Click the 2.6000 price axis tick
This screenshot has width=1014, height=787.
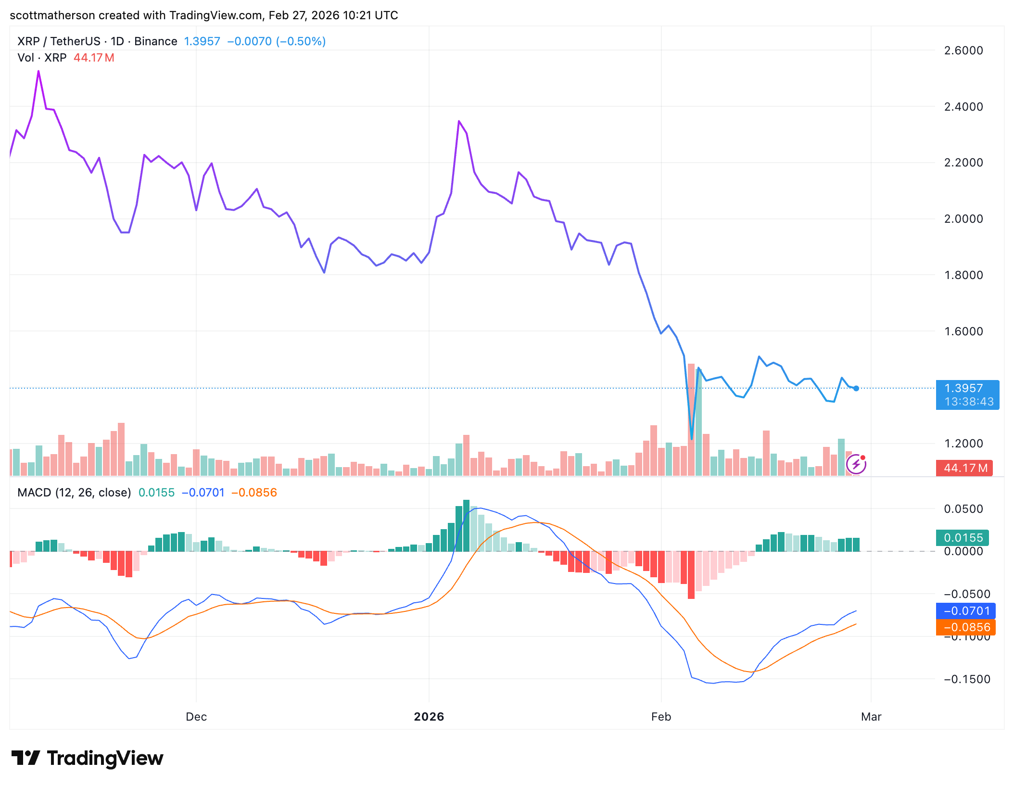coord(963,50)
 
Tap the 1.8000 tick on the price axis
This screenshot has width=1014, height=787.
coord(963,275)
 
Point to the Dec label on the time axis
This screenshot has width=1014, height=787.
coord(196,717)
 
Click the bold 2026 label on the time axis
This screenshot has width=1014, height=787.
coord(429,717)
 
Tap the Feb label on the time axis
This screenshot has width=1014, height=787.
coord(661,717)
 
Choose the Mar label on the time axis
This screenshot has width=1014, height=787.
coord(871,717)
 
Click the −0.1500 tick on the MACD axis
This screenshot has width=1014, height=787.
coord(967,679)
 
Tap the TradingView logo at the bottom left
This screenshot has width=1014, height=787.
coord(88,758)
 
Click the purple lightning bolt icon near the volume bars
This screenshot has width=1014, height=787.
coord(856,464)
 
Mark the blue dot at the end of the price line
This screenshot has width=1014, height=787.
coord(856,388)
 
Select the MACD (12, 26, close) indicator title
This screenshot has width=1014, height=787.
coord(74,493)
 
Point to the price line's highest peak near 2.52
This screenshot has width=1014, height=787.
coord(38,72)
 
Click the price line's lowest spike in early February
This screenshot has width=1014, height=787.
coord(692,438)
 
